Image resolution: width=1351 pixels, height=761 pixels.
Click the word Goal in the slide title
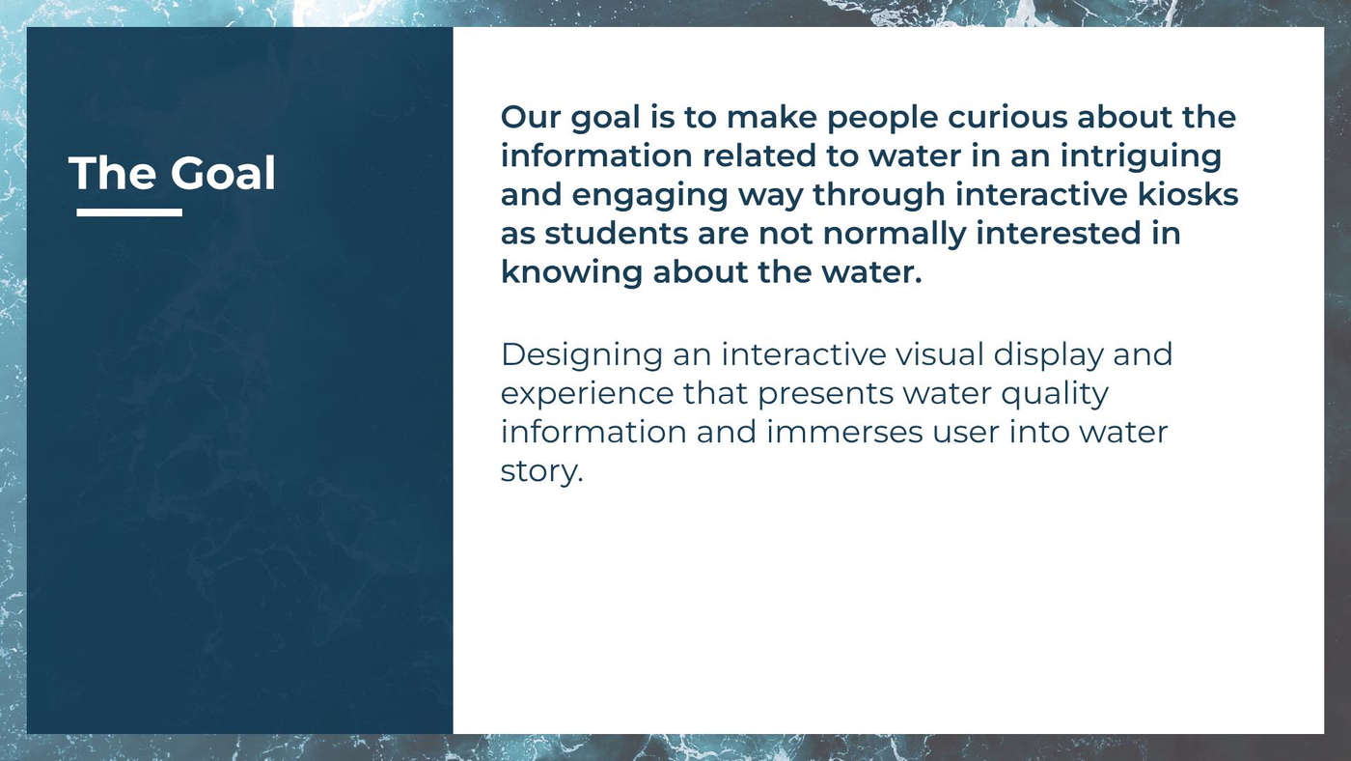(223, 173)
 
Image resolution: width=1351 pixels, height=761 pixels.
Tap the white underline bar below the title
(129, 212)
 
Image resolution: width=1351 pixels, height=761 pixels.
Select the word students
(617, 234)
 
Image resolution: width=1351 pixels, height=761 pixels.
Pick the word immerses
(844, 432)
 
